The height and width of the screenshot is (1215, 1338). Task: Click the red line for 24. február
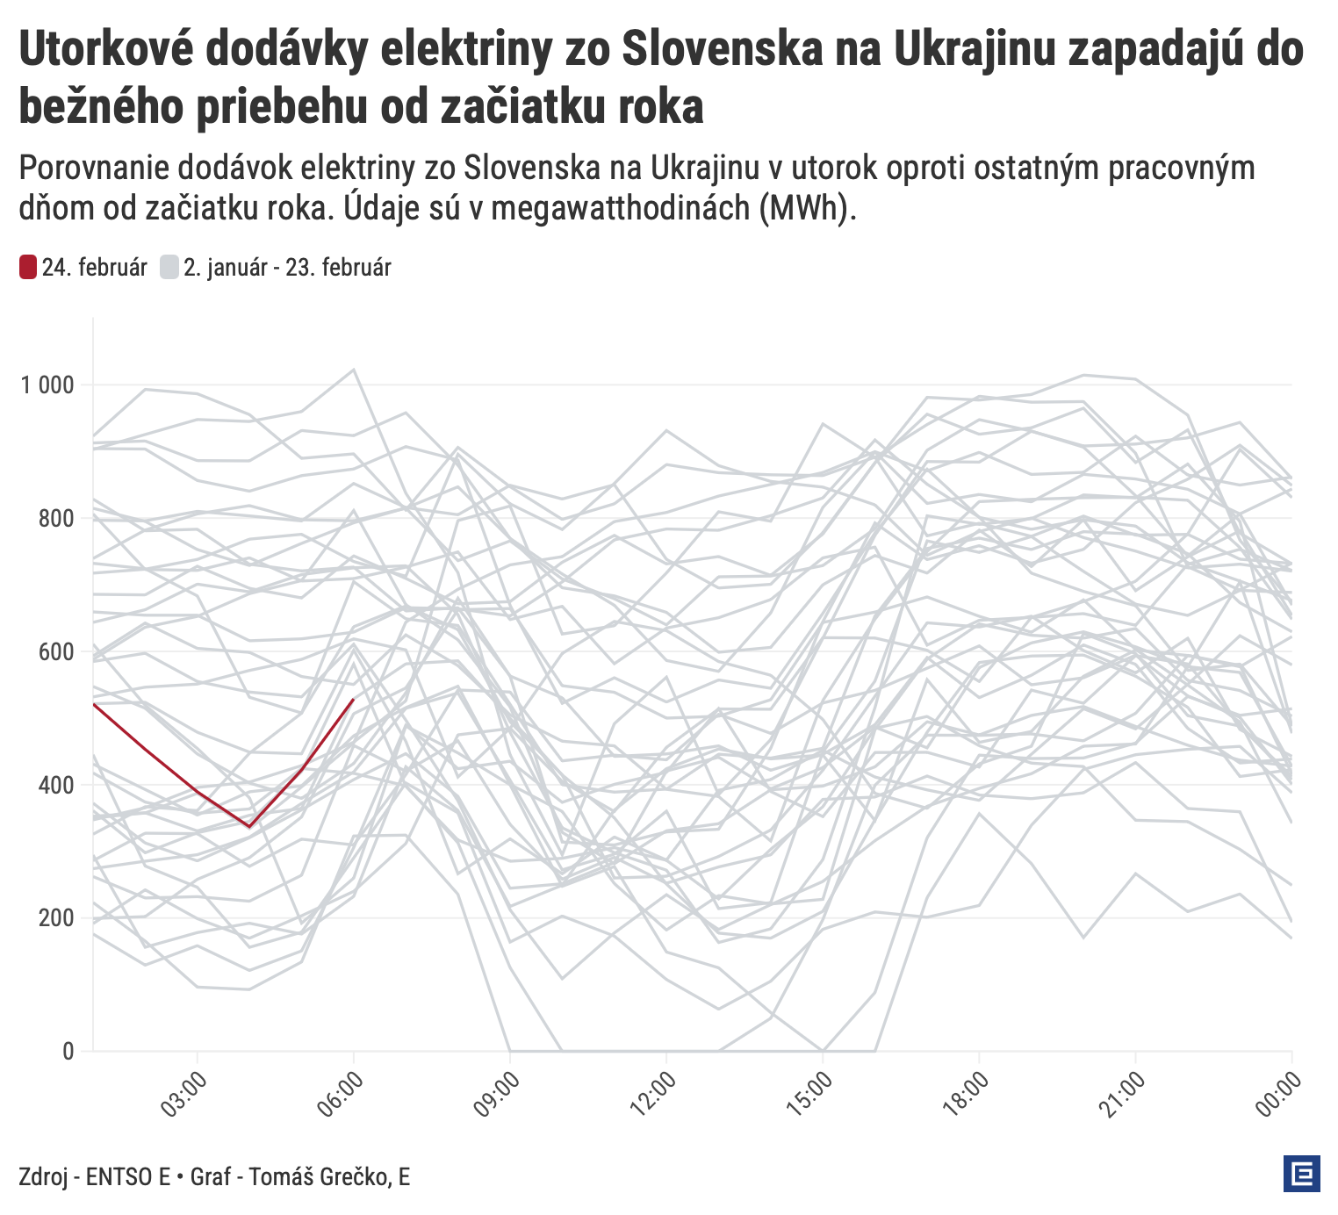click(x=145, y=749)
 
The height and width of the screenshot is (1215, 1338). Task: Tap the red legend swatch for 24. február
click(x=28, y=267)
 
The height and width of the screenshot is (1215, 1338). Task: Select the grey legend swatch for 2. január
click(x=169, y=267)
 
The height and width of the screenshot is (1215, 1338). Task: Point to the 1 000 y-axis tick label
click(x=49, y=385)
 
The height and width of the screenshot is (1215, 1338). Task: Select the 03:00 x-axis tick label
click(x=185, y=1094)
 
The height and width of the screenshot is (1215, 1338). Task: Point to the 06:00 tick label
click(x=342, y=1094)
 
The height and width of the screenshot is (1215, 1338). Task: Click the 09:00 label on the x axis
click(x=498, y=1094)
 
